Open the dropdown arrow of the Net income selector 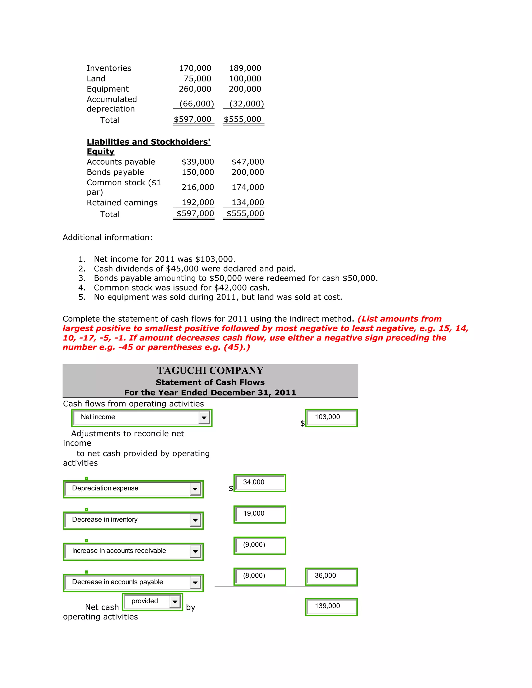pyautogui.click(x=204, y=418)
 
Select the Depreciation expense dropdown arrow pyautogui.click(x=195, y=489)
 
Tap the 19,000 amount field pyautogui.click(x=260, y=514)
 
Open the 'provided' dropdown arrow pyautogui.click(x=175, y=602)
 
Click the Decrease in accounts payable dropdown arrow pyautogui.click(x=195, y=583)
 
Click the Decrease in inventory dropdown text pyautogui.click(x=105, y=520)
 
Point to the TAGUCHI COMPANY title pyautogui.click(x=210, y=370)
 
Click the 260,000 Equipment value pyautogui.click(x=195, y=89)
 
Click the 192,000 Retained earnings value pyautogui.click(x=198, y=203)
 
